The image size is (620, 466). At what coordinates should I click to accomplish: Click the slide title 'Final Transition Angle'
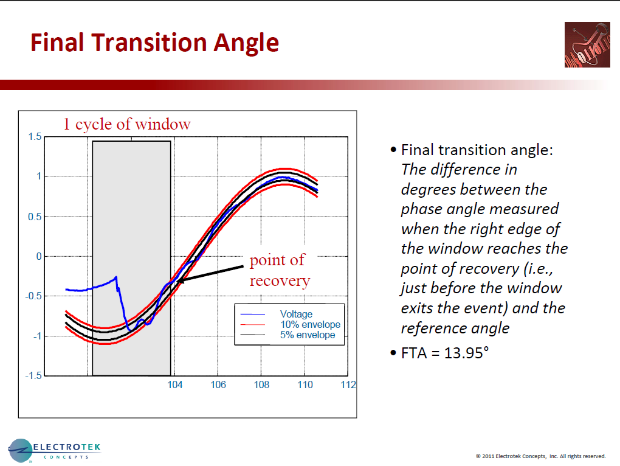click(154, 43)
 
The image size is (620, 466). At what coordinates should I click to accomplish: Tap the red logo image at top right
click(587, 44)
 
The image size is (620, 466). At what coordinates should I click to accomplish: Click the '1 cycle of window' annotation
click(126, 125)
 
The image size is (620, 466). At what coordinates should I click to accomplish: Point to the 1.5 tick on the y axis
click(35, 137)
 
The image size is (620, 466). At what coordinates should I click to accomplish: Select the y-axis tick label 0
click(38, 256)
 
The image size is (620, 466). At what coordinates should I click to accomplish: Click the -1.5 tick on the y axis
click(33, 375)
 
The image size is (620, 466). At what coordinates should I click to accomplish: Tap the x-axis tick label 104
click(174, 385)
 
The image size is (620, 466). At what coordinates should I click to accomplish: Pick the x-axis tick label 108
click(261, 385)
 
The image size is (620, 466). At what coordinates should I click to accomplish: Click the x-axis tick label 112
click(348, 385)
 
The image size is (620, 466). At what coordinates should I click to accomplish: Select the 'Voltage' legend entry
click(296, 314)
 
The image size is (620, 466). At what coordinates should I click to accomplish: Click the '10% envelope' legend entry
click(309, 324)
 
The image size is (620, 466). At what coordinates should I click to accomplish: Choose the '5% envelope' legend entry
click(307, 335)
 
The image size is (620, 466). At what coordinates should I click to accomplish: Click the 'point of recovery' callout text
click(280, 270)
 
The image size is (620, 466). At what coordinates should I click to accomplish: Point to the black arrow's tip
click(177, 281)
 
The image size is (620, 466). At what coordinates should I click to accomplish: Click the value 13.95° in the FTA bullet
click(461, 353)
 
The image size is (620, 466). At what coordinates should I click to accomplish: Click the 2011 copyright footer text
click(540, 456)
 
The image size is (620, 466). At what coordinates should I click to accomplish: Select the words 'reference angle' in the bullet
click(455, 328)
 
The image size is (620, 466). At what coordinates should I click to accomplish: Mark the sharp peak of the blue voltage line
click(116, 277)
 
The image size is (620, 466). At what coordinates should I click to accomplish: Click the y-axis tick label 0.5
click(35, 217)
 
